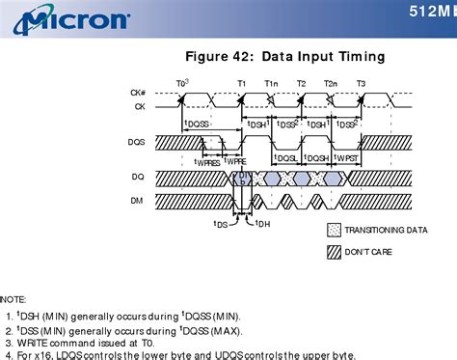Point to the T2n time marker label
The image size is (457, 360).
click(x=331, y=83)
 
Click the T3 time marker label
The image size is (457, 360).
click(x=361, y=83)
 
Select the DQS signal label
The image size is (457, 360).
click(x=138, y=142)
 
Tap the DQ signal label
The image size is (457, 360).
click(x=138, y=178)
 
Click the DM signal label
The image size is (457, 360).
click(x=138, y=201)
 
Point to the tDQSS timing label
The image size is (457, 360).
click(x=197, y=124)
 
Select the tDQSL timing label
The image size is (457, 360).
click(x=286, y=157)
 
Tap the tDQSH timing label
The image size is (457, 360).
click(x=316, y=157)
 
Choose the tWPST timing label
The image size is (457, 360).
click(x=346, y=157)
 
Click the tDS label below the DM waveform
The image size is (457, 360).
click(x=221, y=224)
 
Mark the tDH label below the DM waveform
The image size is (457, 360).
click(x=261, y=224)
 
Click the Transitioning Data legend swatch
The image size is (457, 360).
click(x=335, y=231)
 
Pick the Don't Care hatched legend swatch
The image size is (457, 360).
click(x=335, y=251)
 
